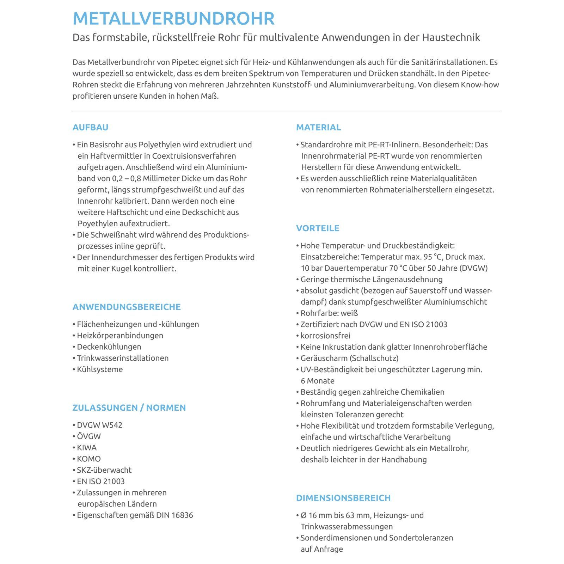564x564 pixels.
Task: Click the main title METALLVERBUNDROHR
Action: [x=173, y=19]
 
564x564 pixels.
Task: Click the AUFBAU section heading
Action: [x=90, y=127]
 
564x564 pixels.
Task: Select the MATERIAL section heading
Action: [x=318, y=127]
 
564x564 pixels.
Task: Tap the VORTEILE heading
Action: [x=318, y=228]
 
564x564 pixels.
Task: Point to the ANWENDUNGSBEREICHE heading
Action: [x=127, y=307]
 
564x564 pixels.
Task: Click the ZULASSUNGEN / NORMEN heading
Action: [x=129, y=407]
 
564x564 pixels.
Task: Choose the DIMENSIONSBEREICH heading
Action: [x=343, y=498]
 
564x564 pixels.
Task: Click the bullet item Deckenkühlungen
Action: [x=109, y=347]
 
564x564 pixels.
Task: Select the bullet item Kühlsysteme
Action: [x=100, y=369]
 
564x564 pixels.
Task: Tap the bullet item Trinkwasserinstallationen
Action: [x=123, y=358]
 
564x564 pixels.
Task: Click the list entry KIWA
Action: [x=87, y=447]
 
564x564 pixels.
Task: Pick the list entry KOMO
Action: [x=89, y=459]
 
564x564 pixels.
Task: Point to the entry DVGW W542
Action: [x=99, y=425]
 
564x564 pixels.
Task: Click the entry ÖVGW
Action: [x=89, y=436]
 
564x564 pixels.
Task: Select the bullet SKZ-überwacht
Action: [x=104, y=470]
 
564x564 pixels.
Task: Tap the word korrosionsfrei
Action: [x=325, y=336]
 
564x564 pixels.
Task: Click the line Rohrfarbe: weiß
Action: [x=329, y=313]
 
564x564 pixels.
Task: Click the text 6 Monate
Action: [x=318, y=381]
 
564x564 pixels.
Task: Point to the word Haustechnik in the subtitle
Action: [x=451, y=37]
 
